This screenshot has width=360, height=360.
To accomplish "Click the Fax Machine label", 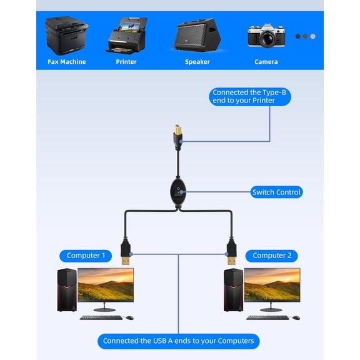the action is pyautogui.click(x=67, y=62).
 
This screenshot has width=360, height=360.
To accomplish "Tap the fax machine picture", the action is pyautogui.click(x=67, y=36).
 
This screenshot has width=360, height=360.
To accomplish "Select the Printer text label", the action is pyautogui.click(x=126, y=62).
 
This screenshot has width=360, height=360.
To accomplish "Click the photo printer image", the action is pyautogui.click(x=126, y=36).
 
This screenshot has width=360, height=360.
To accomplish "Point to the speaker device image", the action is pyautogui.click(x=197, y=34).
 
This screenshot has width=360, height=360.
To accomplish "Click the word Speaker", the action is pyautogui.click(x=197, y=62).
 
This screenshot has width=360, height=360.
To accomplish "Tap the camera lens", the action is pyautogui.click(x=266, y=38).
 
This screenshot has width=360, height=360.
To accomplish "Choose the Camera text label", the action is pyautogui.click(x=266, y=62).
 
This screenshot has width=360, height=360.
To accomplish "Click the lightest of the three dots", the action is pyautogui.click(x=312, y=36).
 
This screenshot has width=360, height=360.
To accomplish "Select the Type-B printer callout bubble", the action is pyautogui.click(x=250, y=97).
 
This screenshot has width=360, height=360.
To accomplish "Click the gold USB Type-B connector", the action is pyautogui.click(x=177, y=130).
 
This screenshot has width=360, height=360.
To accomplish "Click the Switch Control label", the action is pyautogui.click(x=276, y=192).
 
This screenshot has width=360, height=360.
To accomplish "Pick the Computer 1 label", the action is pyautogui.click(x=86, y=256).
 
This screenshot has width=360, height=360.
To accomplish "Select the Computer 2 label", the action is pyautogui.click(x=272, y=256).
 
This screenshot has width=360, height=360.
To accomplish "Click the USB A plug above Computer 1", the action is pyautogui.click(x=126, y=251).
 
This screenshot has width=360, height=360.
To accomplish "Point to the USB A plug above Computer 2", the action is pyautogui.click(x=232, y=251).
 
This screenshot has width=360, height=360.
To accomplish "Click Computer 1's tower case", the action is pyautogui.click(x=67, y=290).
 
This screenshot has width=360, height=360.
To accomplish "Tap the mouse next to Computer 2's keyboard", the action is pyautogui.click(x=296, y=317).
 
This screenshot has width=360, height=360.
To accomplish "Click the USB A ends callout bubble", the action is pyautogui.click(x=179, y=341).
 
